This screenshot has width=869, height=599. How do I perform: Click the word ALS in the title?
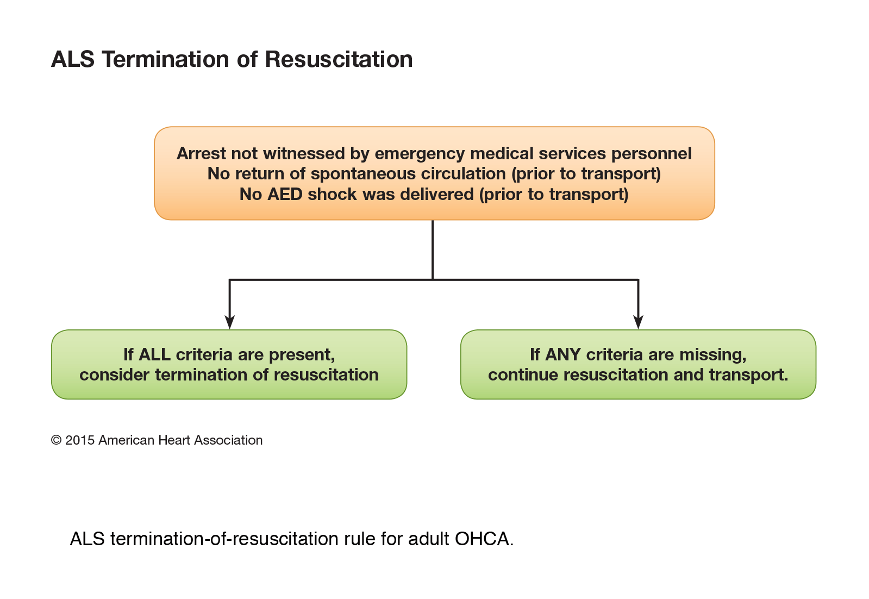click(73, 59)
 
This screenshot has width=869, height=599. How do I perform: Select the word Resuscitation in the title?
click(339, 59)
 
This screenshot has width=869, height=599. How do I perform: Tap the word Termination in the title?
click(166, 59)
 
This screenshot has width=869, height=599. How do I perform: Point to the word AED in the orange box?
click(285, 195)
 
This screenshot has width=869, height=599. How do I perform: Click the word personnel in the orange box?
click(652, 154)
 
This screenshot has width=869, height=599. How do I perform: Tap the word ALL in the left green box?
click(154, 354)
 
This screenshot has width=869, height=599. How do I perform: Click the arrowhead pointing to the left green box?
click(230, 322)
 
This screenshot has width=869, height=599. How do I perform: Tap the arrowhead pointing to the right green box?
click(638, 322)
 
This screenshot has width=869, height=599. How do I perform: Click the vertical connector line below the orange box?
click(433, 250)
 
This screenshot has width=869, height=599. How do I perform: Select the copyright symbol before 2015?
click(57, 440)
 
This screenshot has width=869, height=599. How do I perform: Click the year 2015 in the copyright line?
click(80, 440)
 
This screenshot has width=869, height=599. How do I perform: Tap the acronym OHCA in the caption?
click(484, 539)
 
